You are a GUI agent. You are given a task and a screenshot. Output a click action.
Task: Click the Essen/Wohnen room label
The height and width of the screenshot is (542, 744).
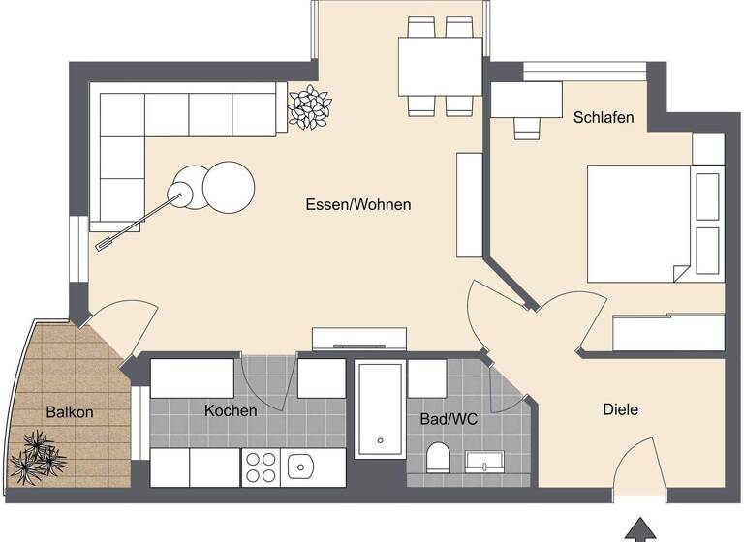357,205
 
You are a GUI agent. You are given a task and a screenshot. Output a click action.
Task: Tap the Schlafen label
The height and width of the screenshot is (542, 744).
604,118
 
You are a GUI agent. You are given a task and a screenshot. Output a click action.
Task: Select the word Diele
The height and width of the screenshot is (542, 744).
620,409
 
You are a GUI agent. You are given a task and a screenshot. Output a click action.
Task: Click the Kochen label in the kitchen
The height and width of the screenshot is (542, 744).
231,410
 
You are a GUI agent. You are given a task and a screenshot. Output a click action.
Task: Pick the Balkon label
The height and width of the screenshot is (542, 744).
70,412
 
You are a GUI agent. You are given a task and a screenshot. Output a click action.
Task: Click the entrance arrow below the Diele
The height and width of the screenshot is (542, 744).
639,528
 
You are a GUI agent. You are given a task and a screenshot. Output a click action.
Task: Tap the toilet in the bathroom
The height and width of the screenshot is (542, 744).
437,458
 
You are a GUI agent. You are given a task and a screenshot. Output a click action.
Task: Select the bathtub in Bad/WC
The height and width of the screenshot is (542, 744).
379,409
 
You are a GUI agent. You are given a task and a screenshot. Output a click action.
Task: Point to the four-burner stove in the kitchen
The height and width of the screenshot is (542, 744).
261,467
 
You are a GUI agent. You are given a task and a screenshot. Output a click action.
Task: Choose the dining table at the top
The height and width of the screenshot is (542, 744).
440,67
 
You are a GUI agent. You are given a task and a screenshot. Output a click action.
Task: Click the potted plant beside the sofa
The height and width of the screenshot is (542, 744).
310,106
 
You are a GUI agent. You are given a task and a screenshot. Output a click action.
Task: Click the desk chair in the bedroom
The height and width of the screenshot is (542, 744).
527,128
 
